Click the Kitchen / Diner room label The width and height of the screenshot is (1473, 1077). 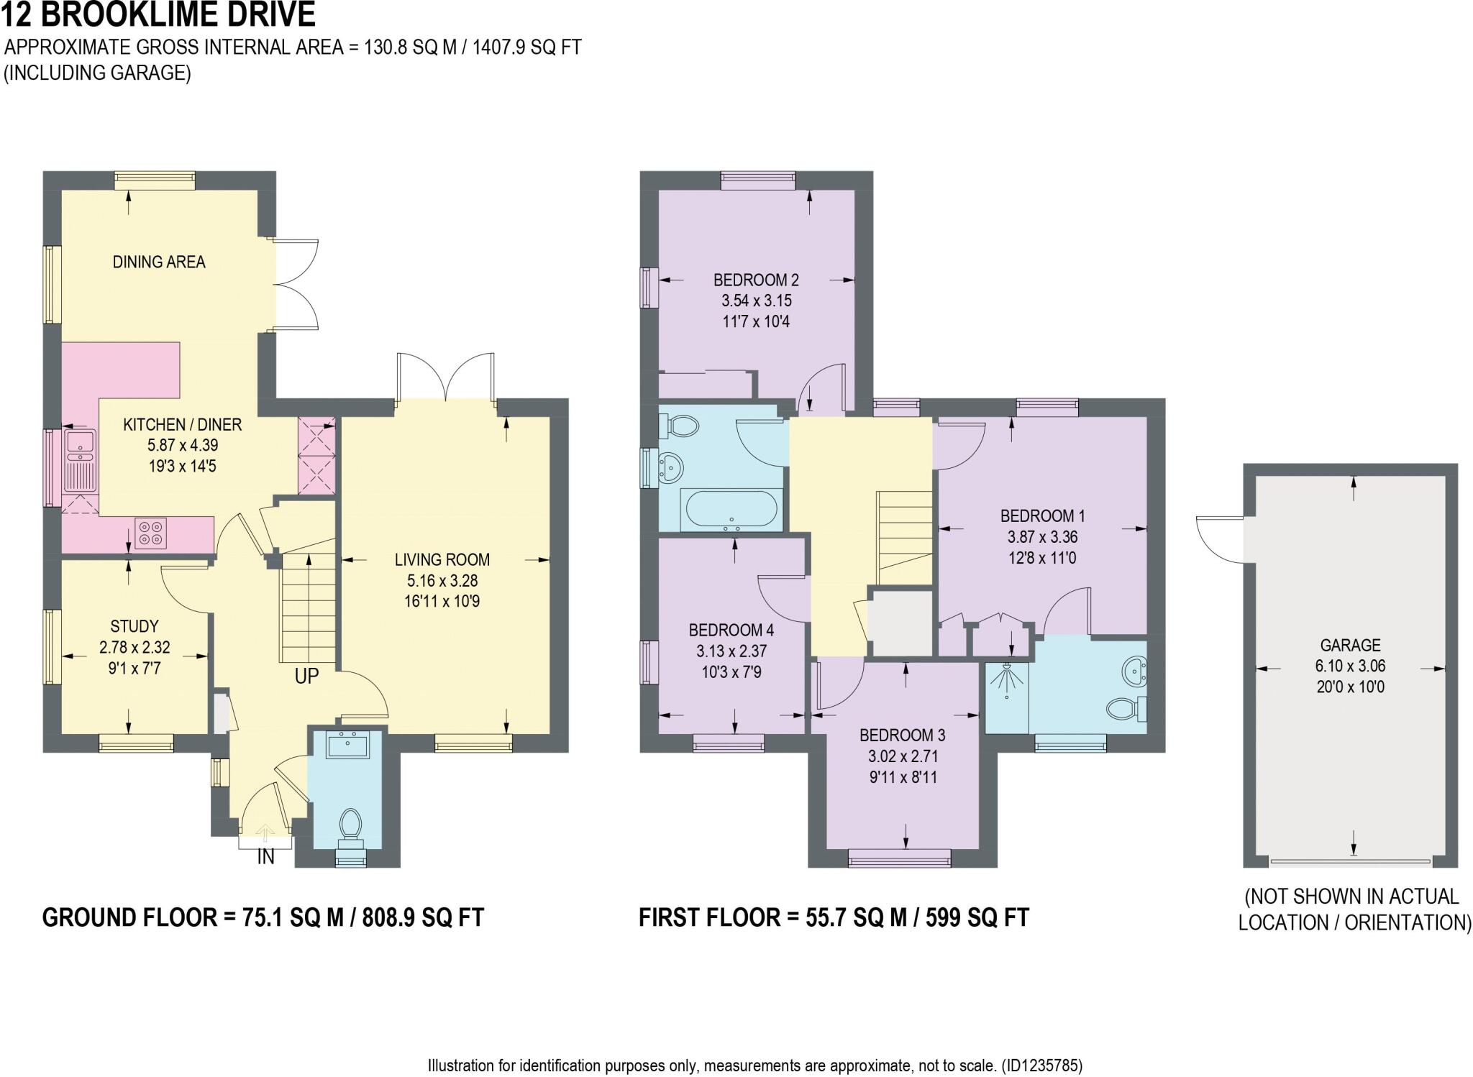coord(182,425)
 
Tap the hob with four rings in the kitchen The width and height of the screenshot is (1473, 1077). coord(150,533)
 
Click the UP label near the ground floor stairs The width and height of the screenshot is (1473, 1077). coord(306,677)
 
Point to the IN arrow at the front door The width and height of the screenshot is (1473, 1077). coord(265,834)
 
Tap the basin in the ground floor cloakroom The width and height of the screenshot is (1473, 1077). coord(347,745)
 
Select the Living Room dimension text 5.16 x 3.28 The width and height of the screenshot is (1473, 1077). coord(442,580)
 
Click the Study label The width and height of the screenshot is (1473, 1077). coord(134,626)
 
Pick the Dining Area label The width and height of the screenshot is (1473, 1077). coord(159,262)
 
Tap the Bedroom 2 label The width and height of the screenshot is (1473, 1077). coord(756,280)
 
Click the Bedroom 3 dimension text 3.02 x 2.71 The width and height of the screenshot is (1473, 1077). coord(902,756)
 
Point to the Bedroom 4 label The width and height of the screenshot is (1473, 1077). coord(731,631)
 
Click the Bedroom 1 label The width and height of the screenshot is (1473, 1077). coord(1042,515)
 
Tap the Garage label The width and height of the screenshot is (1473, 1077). coord(1350,645)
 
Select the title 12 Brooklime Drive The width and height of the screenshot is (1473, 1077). coord(159,14)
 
